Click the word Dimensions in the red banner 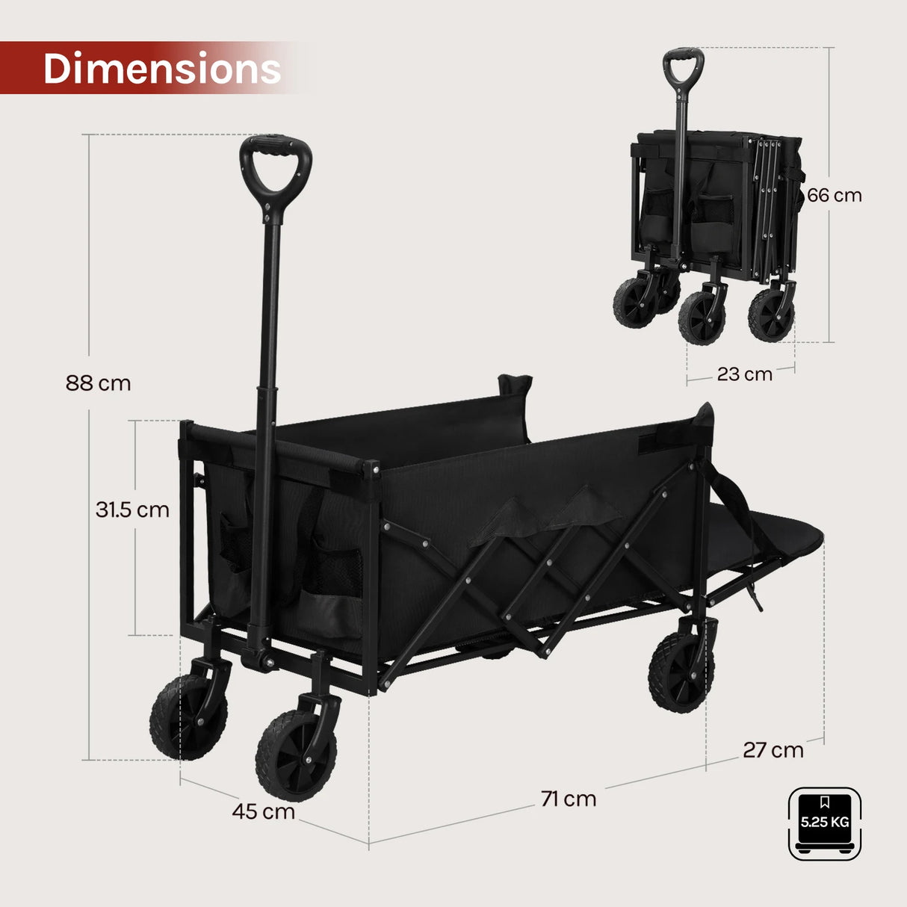click(162, 68)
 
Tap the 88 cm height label click(99, 383)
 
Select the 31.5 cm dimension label click(132, 510)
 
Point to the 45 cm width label click(263, 811)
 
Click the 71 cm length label click(569, 799)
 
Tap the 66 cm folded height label click(834, 195)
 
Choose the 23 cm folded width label click(745, 374)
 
